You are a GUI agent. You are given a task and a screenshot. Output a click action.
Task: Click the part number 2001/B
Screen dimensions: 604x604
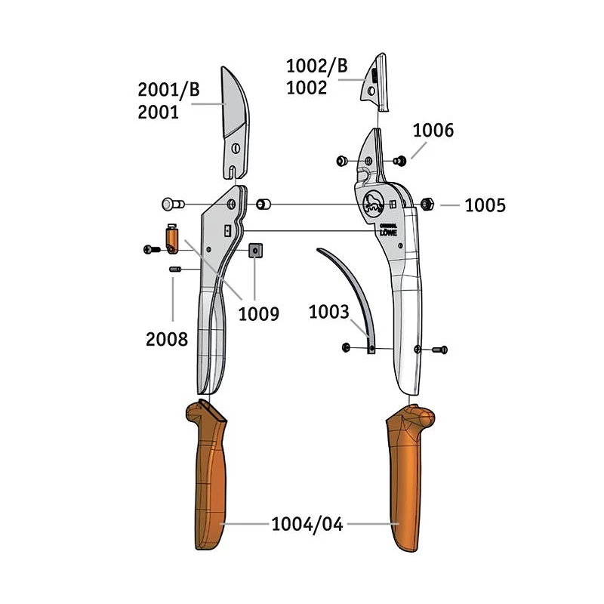[168, 90]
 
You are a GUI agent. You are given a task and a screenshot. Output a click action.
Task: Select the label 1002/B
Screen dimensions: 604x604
[317, 66]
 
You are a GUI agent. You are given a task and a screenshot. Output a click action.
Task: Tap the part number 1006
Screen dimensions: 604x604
[433, 130]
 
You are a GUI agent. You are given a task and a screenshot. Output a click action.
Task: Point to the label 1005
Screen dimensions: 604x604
[485, 205]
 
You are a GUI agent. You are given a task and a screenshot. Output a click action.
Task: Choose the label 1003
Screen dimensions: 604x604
[329, 311]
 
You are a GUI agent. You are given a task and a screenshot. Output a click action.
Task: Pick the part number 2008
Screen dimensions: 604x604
[167, 339]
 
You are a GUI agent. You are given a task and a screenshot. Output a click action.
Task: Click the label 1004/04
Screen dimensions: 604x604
[307, 523]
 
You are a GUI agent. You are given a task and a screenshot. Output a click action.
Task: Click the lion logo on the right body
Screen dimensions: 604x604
[374, 202]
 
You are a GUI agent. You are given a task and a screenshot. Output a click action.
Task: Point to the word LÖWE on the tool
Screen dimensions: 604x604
[388, 233]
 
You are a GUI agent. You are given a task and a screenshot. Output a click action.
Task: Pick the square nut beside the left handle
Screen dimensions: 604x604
[255, 250]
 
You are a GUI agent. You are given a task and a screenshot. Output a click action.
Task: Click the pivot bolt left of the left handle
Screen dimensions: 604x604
[171, 204]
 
